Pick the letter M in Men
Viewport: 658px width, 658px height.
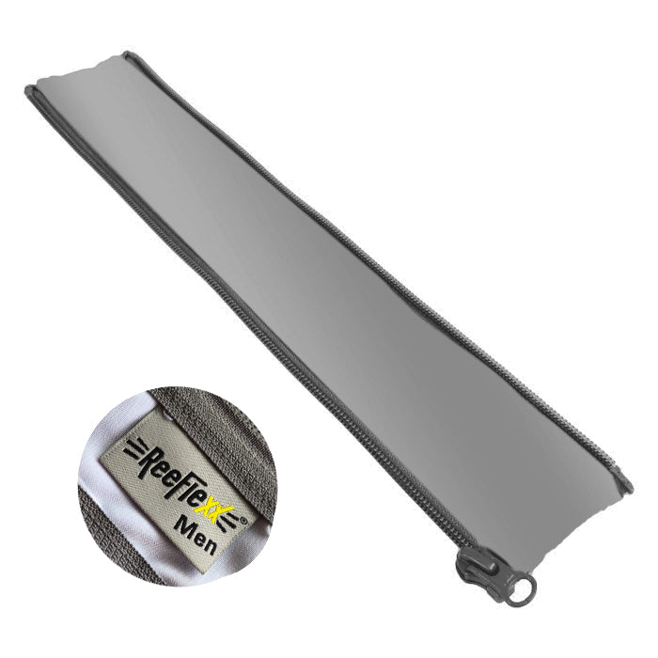point(182,525)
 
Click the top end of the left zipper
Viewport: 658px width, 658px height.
point(32,91)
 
